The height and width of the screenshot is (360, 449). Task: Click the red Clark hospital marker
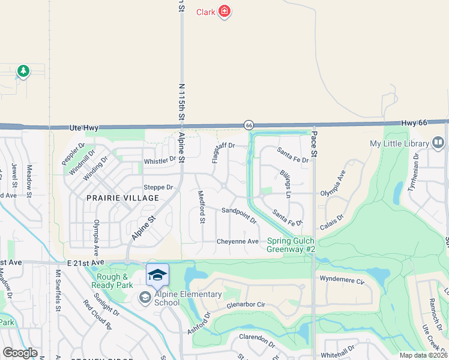(x=224, y=11)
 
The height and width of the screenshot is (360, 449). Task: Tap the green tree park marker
(x=23, y=71)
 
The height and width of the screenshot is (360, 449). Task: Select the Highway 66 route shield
(x=249, y=125)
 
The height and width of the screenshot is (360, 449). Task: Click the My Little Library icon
(x=438, y=143)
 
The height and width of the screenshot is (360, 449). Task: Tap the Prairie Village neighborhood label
(x=122, y=198)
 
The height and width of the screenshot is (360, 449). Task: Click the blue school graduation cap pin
(x=157, y=275)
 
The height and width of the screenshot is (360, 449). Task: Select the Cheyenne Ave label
(x=238, y=241)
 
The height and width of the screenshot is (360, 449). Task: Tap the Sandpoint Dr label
(x=239, y=215)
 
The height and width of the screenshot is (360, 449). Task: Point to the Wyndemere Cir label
(x=343, y=280)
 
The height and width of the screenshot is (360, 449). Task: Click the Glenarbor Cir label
(x=246, y=304)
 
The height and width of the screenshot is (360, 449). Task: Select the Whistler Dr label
(x=160, y=160)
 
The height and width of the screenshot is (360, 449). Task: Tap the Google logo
(x=20, y=353)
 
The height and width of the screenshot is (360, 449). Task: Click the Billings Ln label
(x=285, y=183)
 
